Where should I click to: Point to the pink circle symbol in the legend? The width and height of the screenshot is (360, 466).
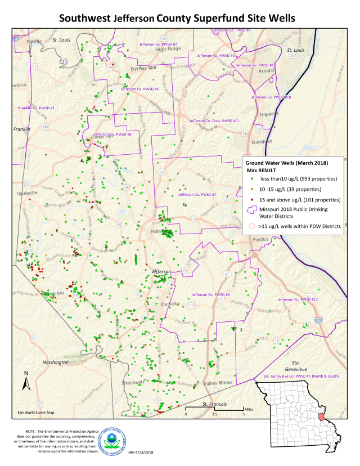(249, 227)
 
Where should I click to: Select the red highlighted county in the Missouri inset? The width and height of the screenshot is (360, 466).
(321, 418)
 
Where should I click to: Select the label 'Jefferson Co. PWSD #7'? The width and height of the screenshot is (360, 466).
(197, 195)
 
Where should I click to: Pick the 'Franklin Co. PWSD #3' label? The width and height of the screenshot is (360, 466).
(37, 108)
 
